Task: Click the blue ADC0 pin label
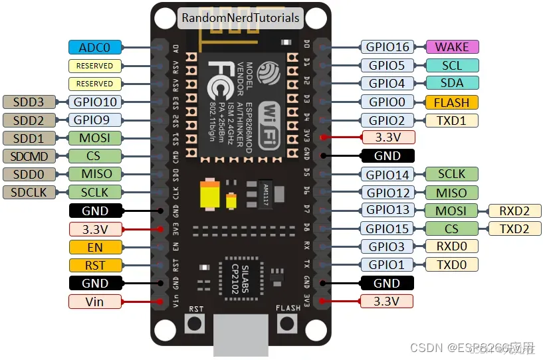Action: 95,47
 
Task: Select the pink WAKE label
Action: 452,47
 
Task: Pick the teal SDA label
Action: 452,84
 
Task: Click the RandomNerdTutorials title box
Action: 240,18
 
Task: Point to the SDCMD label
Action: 30,156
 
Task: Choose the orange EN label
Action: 95,247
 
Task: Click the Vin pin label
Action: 95,302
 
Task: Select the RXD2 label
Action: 515,211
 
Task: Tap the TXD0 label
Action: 452,265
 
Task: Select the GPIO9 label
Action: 95,120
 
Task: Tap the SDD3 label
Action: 30,102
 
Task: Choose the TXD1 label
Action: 452,120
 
